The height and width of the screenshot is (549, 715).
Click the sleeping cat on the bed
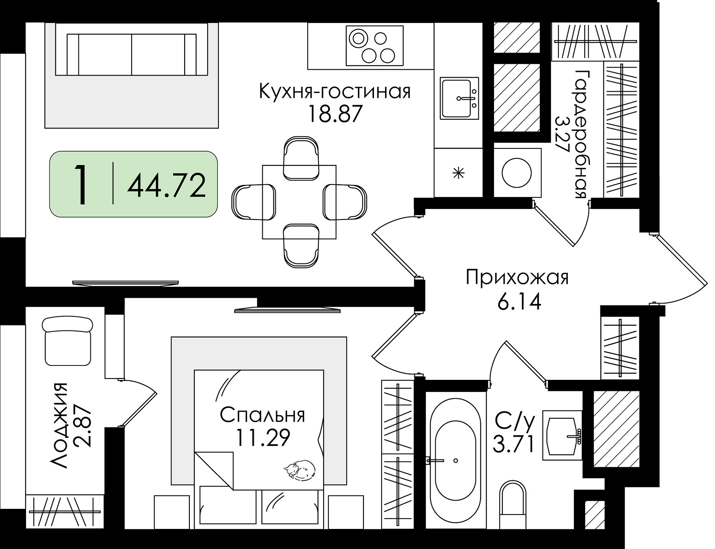tap(299, 469)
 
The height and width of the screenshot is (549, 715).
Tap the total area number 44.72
tap(167, 185)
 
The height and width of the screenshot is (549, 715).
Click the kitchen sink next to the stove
tap(460, 98)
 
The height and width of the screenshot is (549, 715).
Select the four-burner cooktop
tap(374, 46)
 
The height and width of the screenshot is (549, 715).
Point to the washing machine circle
tap(517, 173)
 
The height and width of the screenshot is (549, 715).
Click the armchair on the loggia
tap(68, 341)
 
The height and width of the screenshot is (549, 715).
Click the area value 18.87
tap(335, 114)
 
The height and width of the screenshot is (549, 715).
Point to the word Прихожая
tap(517, 278)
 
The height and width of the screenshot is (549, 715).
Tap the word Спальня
tap(262, 415)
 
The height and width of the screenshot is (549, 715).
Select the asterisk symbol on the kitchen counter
tap(459, 174)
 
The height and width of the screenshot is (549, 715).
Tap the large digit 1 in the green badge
tap(82, 185)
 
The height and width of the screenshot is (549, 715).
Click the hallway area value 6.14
tap(519, 302)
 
